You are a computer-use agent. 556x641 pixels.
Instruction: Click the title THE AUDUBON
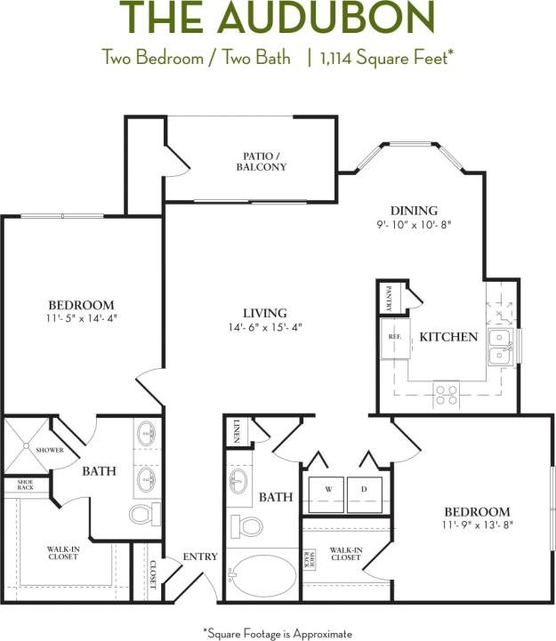(x=278, y=19)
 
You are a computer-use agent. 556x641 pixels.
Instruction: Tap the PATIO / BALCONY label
(x=262, y=160)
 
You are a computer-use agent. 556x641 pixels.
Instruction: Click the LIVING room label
(x=264, y=313)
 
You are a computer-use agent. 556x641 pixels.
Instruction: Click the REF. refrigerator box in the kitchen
(x=393, y=338)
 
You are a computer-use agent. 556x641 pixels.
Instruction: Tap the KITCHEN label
(x=448, y=337)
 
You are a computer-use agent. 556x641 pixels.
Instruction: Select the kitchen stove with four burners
(x=446, y=391)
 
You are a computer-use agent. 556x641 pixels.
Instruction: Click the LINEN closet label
(x=237, y=429)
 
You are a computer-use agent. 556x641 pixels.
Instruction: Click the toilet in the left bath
(x=143, y=515)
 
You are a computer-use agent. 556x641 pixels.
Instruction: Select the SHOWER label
(x=49, y=450)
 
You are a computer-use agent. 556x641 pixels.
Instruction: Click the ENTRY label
(x=200, y=557)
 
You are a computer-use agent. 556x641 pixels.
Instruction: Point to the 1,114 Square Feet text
(x=383, y=59)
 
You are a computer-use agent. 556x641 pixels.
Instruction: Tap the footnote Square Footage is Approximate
(x=278, y=632)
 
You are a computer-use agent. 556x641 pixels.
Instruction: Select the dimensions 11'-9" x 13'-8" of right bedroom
(x=478, y=525)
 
